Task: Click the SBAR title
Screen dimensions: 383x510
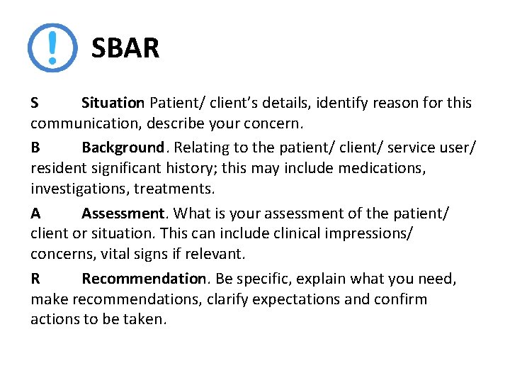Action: pyautogui.click(x=125, y=48)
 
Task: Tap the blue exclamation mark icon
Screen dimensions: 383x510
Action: pyautogui.click(x=52, y=48)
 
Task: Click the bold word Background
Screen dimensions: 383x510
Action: pyautogui.click(x=123, y=148)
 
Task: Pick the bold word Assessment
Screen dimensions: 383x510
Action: pyautogui.click(x=123, y=213)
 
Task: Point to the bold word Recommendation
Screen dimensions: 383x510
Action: pyautogui.click(x=144, y=279)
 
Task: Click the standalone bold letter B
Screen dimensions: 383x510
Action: pyautogui.click(x=35, y=148)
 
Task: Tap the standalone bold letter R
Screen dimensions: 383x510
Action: pyautogui.click(x=35, y=279)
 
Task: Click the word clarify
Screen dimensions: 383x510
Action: pyautogui.click(x=228, y=299)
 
